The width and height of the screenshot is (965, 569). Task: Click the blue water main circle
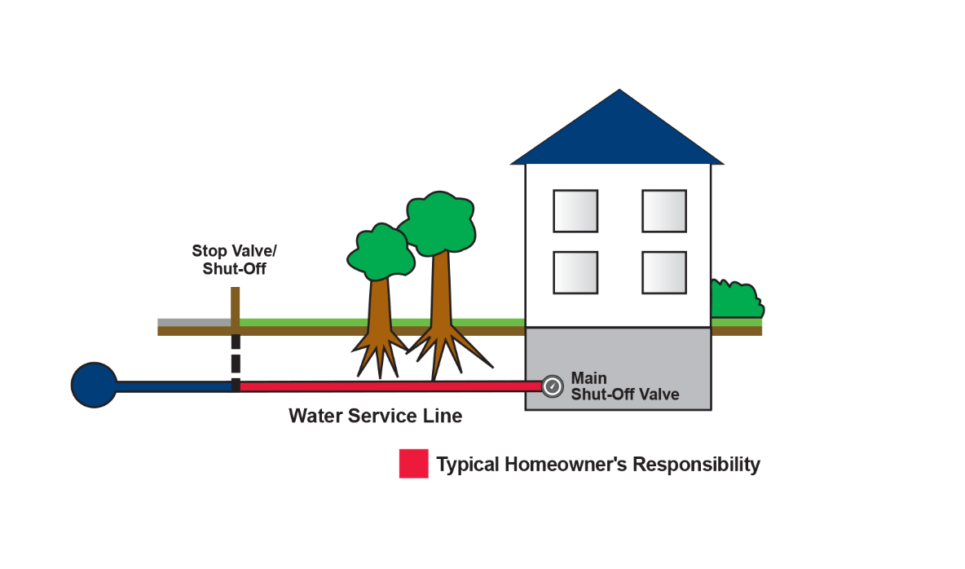pos(94,385)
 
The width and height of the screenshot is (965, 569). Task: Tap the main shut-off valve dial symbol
pos(553,386)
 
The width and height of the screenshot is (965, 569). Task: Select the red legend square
pos(413,464)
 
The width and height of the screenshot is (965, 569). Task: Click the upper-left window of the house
pos(575,211)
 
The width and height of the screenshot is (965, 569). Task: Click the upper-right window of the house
pos(663,211)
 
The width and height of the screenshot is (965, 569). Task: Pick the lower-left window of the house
pos(575,272)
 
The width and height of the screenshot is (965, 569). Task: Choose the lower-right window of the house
pos(663,272)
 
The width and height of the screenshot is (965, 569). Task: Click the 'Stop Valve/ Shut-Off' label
pos(234,259)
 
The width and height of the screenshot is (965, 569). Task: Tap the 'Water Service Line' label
pos(375,417)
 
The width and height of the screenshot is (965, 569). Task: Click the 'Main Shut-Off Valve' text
pos(624,386)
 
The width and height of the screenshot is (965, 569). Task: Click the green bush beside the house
pos(735,301)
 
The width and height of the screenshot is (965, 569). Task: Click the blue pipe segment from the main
pos(173,386)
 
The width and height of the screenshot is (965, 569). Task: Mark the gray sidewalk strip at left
pos(192,322)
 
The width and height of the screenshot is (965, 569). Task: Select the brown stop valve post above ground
pos(236,305)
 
